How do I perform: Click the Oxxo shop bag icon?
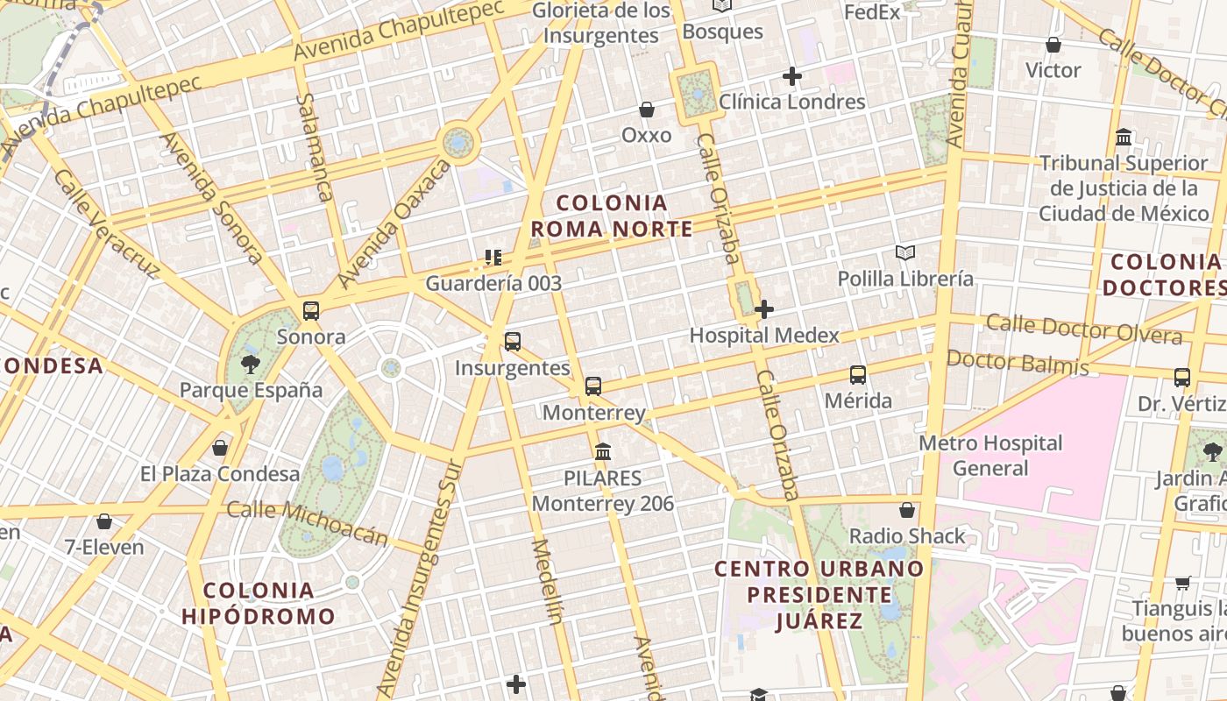click(x=647, y=110)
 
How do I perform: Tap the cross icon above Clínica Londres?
click(x=792, y=76)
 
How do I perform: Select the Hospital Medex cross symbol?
click(x=764, y=309)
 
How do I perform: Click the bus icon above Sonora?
click(x=311, y=311)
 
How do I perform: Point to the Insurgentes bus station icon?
click(x=513, y=342)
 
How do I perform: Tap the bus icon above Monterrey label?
click(x=593, y=386)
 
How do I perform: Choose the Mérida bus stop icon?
click(x=858, y=375)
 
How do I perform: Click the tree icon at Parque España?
click(x=251, y=364)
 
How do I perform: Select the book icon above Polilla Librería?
click(x=905, y=253)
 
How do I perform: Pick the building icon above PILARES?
click(x=603, y=452)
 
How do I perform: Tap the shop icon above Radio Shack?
click(x=907, y=510)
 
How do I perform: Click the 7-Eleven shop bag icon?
click(x=104, y=521)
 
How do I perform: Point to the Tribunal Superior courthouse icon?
click(x=1124, y=138)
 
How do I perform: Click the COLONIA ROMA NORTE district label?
click(x=612, y=216)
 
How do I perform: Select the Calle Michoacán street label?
click(x=308, y=523)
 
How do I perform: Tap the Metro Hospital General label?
click(x=990, y=456)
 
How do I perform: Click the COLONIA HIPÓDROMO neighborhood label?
click(x=259, y=603)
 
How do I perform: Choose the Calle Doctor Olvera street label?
click(x=1084, y=329)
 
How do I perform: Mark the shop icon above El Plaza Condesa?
click(x=220, y=448)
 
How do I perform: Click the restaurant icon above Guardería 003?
click(x=493, y=258)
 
